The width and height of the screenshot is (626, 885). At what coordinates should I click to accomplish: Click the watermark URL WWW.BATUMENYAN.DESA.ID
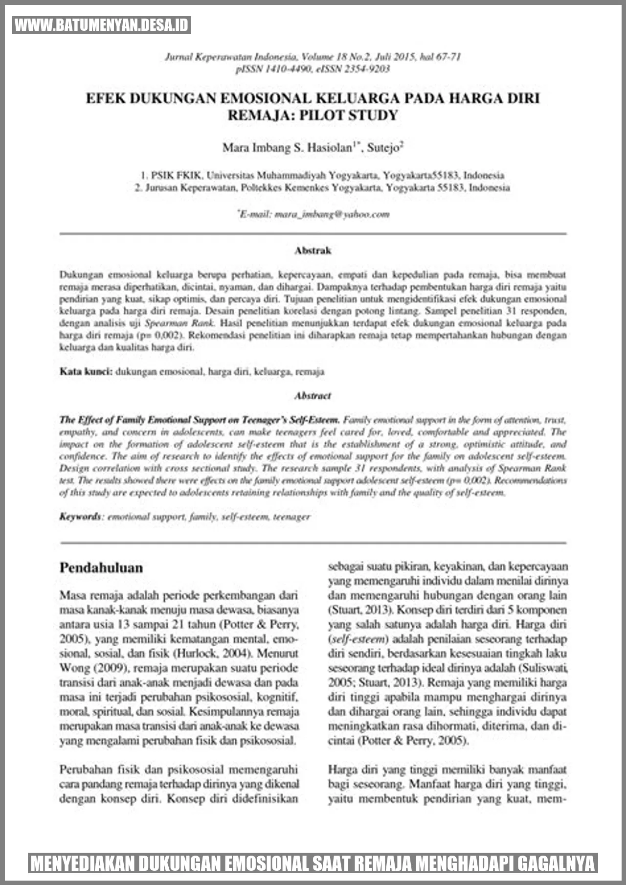[x=102, y=25]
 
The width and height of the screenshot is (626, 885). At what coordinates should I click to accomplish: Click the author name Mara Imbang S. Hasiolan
[x=287, y=147]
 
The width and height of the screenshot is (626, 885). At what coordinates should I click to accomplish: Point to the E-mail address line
[x=313, y=214]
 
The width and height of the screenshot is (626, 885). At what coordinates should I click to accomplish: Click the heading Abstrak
[x=313, y=250]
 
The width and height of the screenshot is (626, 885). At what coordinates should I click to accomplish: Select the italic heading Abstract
[x=313, y=396]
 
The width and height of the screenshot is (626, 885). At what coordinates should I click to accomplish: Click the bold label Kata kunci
[x=86, y=372]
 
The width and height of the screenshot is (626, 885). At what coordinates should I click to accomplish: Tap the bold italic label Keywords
[x=80, y=517]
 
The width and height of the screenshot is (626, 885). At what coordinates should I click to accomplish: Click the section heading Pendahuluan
[x=101, y=568]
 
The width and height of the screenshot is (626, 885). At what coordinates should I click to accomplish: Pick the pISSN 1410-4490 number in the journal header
[x=274, y=69]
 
